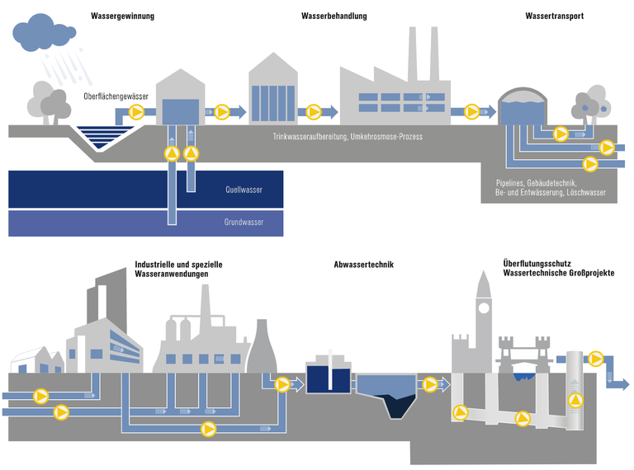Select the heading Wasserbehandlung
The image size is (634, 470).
334,16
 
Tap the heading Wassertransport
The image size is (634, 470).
555,16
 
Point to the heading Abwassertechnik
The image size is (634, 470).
363,265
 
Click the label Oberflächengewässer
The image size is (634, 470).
116,96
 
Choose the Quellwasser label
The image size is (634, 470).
244,190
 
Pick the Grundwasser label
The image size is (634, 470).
244,222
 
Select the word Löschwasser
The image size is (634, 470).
587,192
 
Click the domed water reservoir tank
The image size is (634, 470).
523,107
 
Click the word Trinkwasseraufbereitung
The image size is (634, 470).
310,136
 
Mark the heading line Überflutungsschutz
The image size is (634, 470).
536,264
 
